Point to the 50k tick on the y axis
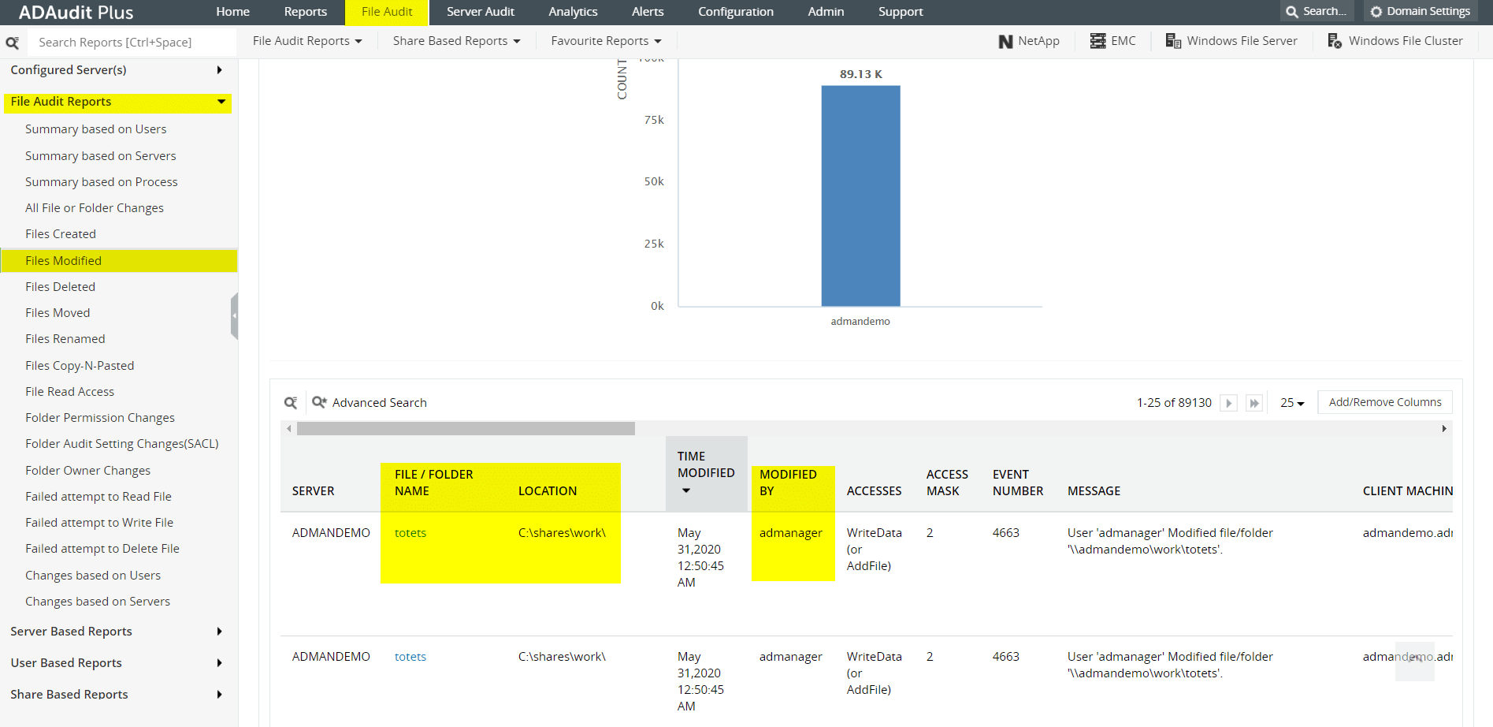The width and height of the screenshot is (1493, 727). click(654, 181)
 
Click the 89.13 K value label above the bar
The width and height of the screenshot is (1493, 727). click(860, 74)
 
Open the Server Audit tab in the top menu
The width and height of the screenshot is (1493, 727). click(480, 12)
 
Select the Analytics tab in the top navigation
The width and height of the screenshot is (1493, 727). click(573, 12)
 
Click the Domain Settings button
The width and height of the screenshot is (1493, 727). click(1420, 12)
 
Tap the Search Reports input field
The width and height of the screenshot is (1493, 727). click(130, 43)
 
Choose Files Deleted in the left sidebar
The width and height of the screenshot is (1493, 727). click(60, 287)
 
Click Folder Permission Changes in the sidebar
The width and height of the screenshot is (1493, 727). click(100, 418)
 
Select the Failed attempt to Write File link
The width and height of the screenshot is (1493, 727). click(99, 523)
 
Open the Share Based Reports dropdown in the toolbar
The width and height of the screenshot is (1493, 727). click(456, 41)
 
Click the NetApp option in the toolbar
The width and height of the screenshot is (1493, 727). click(1029, 41)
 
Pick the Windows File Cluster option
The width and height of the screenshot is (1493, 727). click(1395, 41)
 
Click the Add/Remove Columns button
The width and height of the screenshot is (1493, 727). click(1384, 402)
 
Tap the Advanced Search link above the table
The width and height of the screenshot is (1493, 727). click(379, 403)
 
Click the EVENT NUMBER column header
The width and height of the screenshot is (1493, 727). click(1017, 483)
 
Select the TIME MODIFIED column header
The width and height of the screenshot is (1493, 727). click(706, 465)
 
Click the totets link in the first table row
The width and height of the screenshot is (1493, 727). click(410, 533)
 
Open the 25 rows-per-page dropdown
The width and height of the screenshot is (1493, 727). click(1291, 403)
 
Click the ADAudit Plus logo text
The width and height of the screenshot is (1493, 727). click(76, 13)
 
